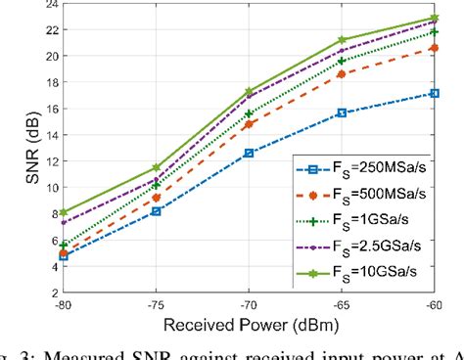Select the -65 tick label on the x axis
[x=343, y=304]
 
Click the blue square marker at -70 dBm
[x=249, y=153]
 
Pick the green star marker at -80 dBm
[x=63, y=212]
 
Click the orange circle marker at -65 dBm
[x=342, y=73]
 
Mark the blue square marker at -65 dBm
[x=342, y=112]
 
